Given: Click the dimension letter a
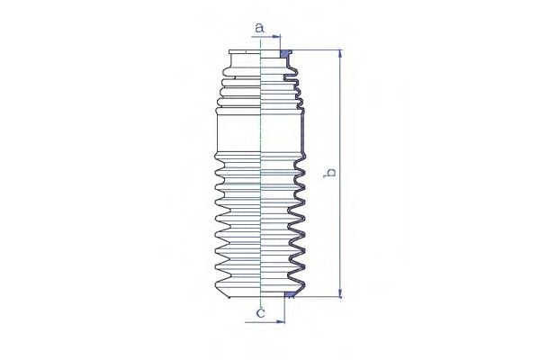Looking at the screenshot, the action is [260, 28].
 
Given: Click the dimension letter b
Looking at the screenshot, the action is [329, 173].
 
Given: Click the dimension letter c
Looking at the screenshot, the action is [261, 313].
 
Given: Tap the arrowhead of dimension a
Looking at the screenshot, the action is [276, 36].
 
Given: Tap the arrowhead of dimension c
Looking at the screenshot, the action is [281, 322].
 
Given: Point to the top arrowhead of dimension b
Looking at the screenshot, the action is [340, 54].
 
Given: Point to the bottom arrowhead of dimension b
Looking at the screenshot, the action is [340, 292].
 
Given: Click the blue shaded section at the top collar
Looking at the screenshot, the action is [284, 54].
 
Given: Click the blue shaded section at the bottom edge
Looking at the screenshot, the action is [289, 294].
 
